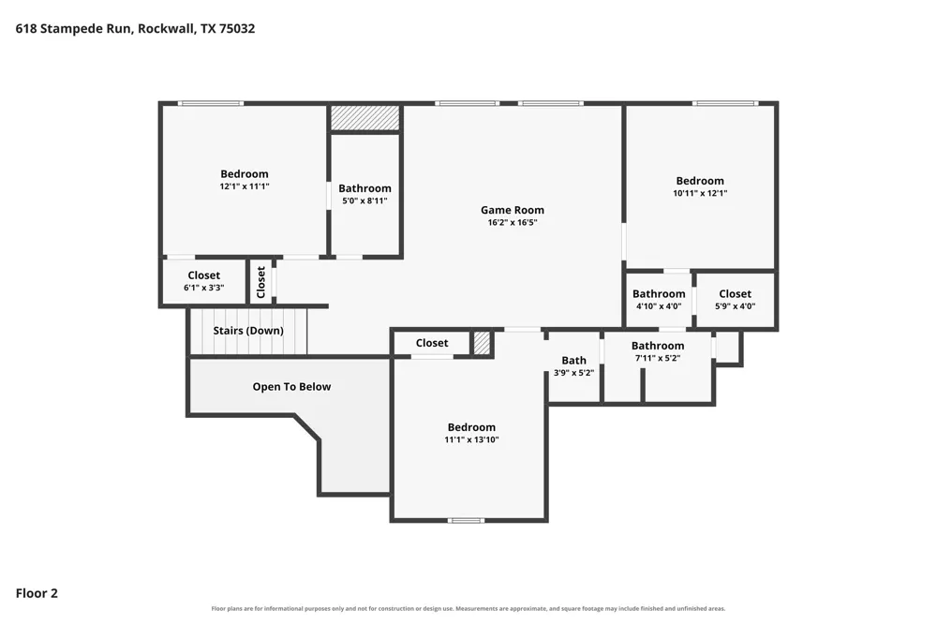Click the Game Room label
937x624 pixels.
(x=513, y=210)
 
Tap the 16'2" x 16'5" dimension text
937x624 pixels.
(x=513, y=222)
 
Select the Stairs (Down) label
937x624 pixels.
(x=248, y=331)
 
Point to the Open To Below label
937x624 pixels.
(x=291, y=387)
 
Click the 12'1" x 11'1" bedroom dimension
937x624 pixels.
(x=245, y=186)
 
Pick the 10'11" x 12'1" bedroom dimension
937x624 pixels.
(x=700, y=193)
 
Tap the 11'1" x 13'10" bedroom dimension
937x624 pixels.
(x=471, y=440)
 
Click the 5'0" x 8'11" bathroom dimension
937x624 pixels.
(x=364, y=201)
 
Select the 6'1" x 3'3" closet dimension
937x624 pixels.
(x=203, y=288)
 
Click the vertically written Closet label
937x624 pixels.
(x=260, y=282)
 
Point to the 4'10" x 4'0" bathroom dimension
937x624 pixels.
(x=659, y=306)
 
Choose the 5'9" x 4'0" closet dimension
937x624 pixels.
(x=735, y=306)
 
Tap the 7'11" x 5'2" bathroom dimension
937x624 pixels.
(x=658, y=359)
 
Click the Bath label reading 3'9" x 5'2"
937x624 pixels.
(x=573, y=361)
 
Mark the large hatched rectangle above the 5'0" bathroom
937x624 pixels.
(x=365, y=118)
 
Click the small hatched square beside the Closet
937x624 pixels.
(x=482, y=343)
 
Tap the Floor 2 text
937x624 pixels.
(x=37, y=593)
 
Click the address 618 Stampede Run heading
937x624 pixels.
(x=135, y=29)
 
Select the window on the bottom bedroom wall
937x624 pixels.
(x=466, y=521)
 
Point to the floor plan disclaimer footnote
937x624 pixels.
(x=468, y=608)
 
